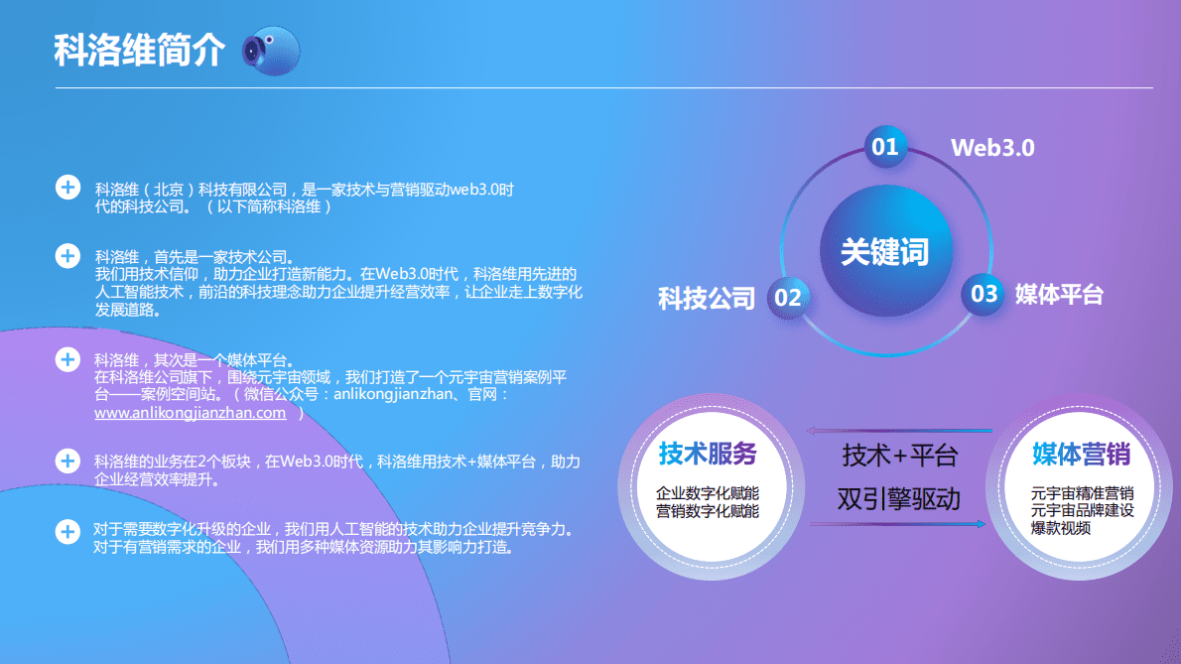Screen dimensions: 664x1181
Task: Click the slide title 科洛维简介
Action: pyautogui.click(x=139, y=51)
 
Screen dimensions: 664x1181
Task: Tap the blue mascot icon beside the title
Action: pyautogui.click(x=271, y=49)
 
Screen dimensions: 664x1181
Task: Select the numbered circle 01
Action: pyautogui.click(x=884, y=148)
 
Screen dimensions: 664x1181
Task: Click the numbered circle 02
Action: pyautogui.click(x=788, y=297)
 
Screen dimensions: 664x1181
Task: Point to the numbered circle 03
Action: pyautogui.click(x=984, y=294)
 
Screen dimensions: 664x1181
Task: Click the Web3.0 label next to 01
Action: pyautogui.click(x=992, y=148)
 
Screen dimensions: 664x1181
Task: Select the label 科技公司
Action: pyautogui.click(x=707, y=298)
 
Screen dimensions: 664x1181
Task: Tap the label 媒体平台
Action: pyautogui.click(x=1059, y=294)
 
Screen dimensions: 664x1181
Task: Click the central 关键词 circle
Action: pyautogui.click(x=884, y=252)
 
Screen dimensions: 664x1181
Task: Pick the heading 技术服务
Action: pyautogui.click(x=708, y=455)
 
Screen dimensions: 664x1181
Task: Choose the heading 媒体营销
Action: pyautogui.click(x=1081, y=455)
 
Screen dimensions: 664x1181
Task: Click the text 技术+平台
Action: pyautogui.click(x=900, y=456)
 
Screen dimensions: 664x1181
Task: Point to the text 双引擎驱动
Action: pyautogui.click(x=899, y=497)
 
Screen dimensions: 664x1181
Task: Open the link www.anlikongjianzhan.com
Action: pyautogui.click(x=190, y=413)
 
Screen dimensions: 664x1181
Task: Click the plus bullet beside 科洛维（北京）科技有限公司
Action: pyautogui.click(x=67, y=188)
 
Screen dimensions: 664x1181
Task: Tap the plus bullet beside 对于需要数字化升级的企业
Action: pyautogui.click(x=67, y=531)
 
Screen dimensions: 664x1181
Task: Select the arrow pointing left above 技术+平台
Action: pyautogui.click(x=899, y=431)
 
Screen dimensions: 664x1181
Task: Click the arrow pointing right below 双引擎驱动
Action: pyautogui.click(x=899, y=523)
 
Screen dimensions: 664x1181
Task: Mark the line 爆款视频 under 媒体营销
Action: pyautogui.click(x=1061, y=528)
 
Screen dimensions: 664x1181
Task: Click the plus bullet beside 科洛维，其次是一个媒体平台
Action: pyautogui.click(x=67, y=359)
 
